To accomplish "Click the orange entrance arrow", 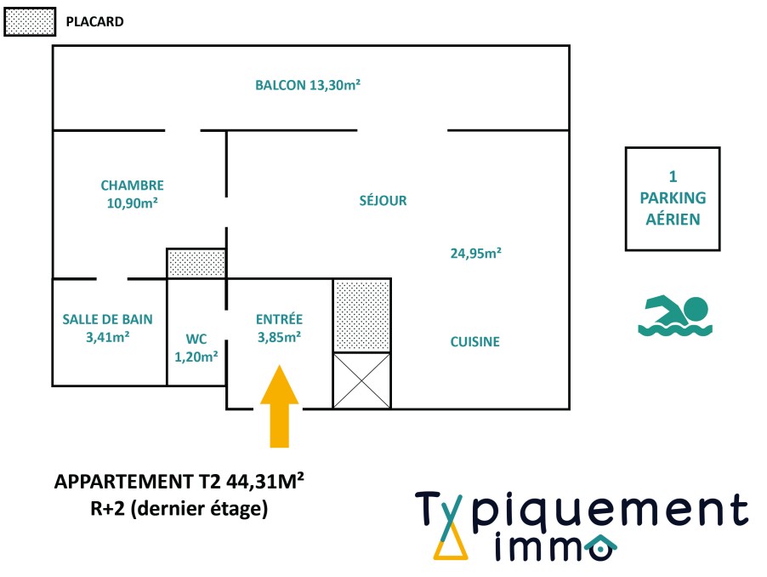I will (279, 407).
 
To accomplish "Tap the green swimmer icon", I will (674, 316).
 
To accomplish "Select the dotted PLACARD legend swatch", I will (30, 22).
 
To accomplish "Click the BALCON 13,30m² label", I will (308, 85).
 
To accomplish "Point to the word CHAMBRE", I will (132, 186).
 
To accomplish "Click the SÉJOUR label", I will (383, 201).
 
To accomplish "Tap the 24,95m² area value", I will (474, 252).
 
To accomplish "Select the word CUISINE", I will (474, 342).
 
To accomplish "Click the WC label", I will (196, 338).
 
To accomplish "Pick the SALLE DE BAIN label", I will (108, 320).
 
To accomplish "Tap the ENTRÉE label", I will (279, 319).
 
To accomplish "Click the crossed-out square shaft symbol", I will (361, 380).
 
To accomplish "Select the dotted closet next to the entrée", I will (361, 315).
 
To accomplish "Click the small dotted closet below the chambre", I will (196, 263).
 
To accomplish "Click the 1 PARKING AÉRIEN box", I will (673, 198).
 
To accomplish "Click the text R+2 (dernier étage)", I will (179, 510).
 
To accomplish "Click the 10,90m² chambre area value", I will (132, 203).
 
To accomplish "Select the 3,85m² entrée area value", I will (279, 336).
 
